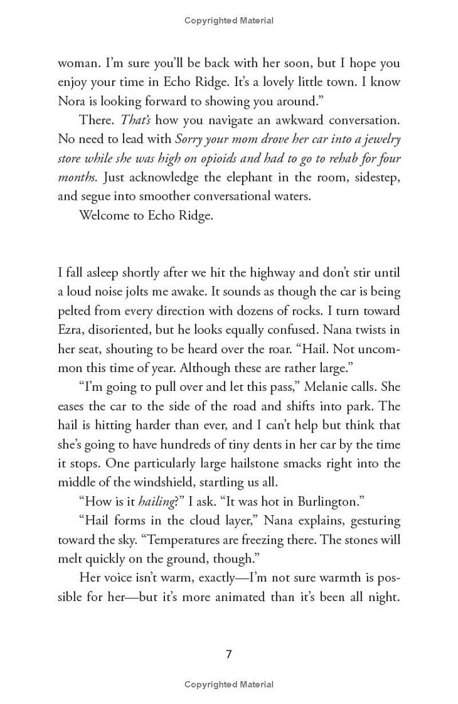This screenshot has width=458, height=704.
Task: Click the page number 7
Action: point(228,654)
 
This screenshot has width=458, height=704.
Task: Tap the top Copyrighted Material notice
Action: point(228,21)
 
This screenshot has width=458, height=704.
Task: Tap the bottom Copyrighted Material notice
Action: point(228,685)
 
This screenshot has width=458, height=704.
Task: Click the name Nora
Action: point(71,101)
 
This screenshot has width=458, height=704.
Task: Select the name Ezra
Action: point(71,331)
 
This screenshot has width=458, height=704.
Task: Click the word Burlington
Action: point(327,501)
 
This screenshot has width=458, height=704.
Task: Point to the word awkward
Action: point(289,120)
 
